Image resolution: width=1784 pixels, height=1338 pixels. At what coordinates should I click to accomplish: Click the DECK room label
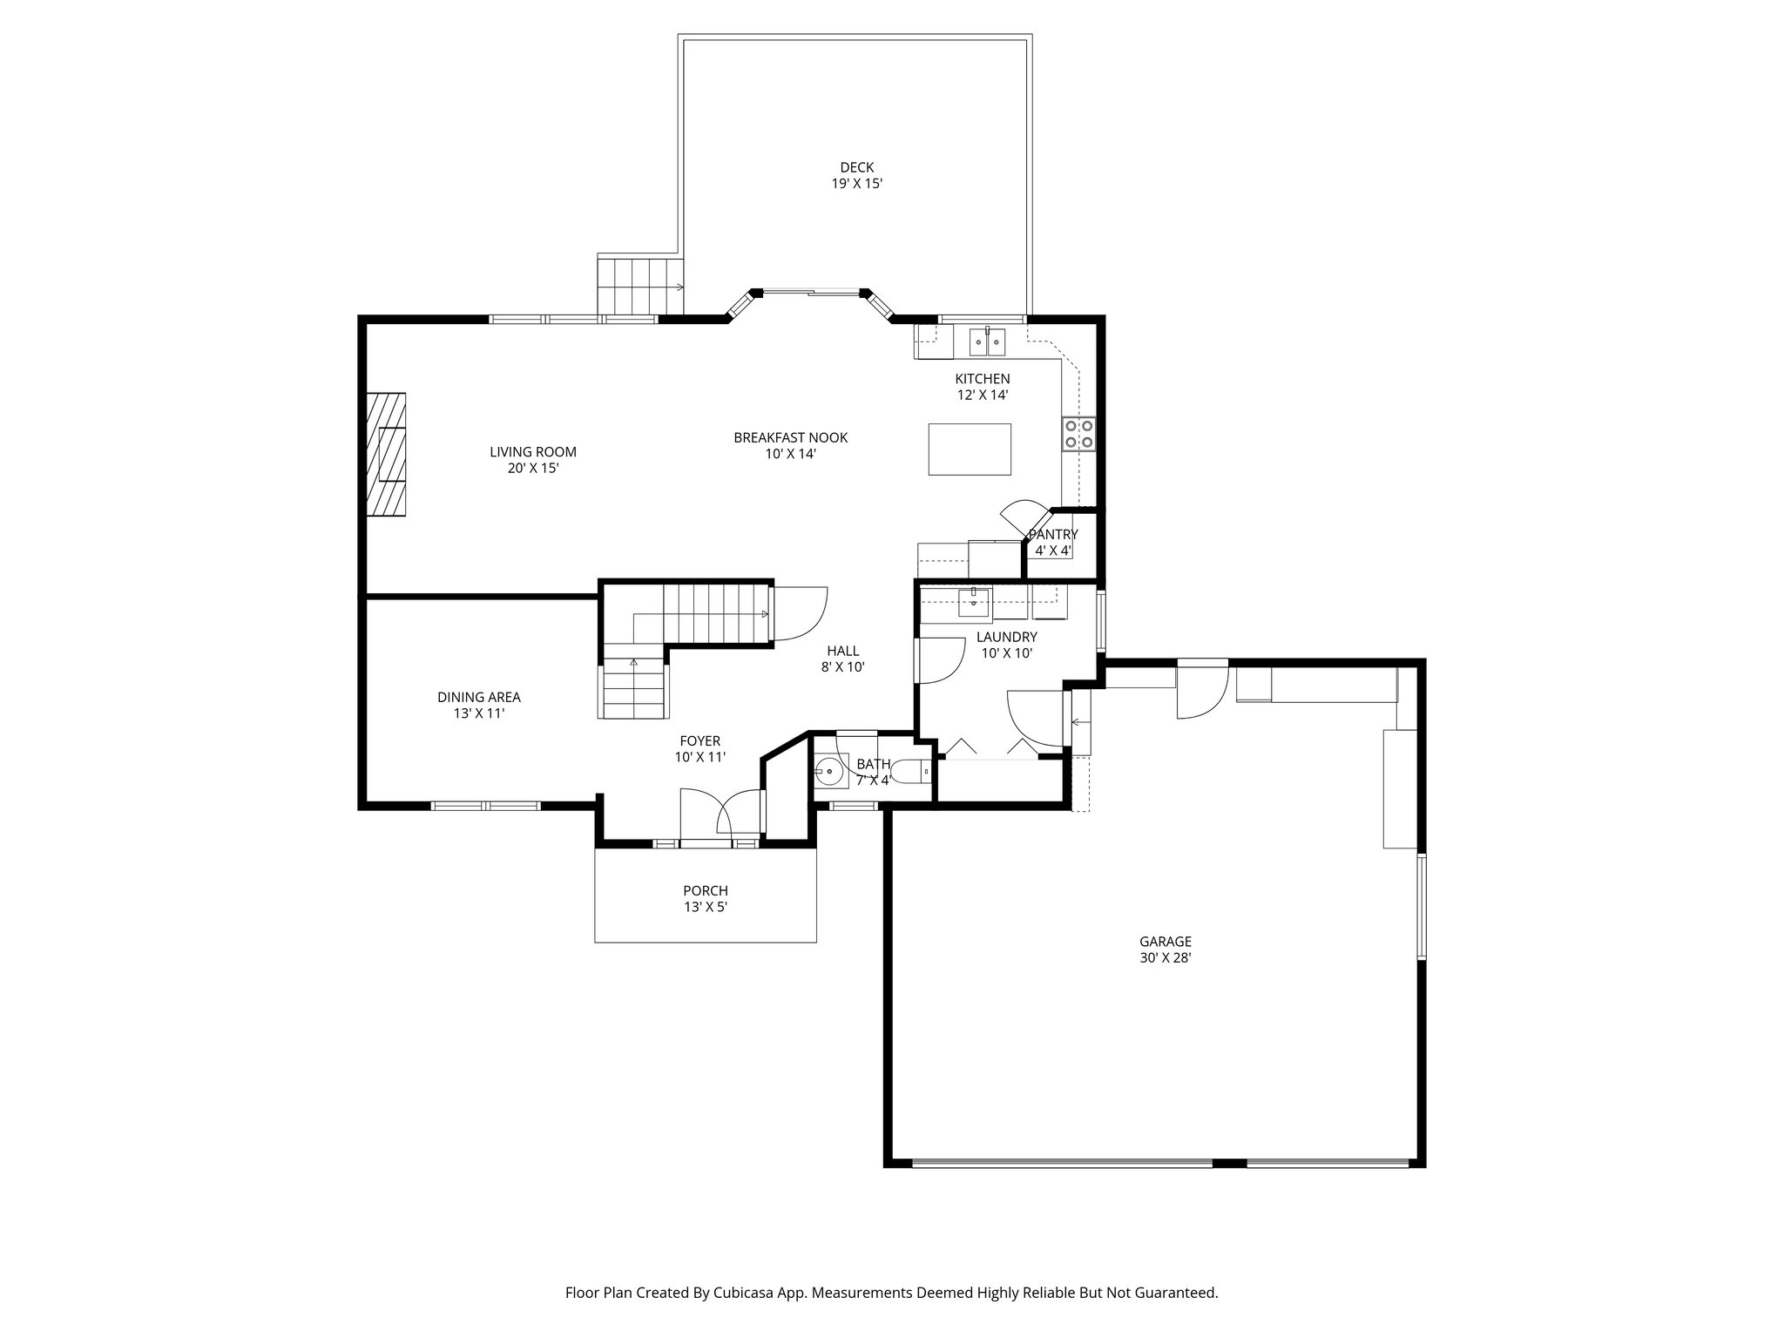(x=857, y=167)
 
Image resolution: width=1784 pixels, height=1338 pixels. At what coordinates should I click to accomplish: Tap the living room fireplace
(x=387, y=455)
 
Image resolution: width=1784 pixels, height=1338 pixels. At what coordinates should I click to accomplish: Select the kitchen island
(x=970, y=449)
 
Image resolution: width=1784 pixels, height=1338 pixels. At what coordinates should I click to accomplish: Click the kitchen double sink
(x=988, y=341)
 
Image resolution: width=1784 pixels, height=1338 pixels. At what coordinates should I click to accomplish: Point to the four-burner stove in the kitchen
(x=1079, y=434)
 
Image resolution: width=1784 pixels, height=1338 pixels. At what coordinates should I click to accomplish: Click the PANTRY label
(x=1053, y=535)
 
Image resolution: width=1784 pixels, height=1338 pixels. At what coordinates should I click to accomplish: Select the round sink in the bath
(x=829, y=771)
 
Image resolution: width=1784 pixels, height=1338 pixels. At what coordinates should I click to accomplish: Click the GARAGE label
(x=1166, y=942)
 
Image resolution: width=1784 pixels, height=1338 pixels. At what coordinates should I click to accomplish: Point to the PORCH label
(x=706, y=891)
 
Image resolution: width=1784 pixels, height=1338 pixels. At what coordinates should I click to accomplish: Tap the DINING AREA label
(x=479, y=697)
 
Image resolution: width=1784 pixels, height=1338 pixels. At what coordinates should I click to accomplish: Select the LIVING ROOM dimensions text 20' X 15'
(x=533, y=468)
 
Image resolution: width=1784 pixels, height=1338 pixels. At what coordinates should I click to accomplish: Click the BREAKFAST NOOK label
(x=790, y=437)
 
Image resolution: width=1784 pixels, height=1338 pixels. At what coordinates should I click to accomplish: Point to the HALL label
(x=842, y=651)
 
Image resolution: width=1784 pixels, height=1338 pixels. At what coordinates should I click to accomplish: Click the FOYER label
(x=700, y=741)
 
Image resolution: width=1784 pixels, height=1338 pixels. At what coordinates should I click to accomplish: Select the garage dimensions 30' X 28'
(x=1166, y=957)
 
